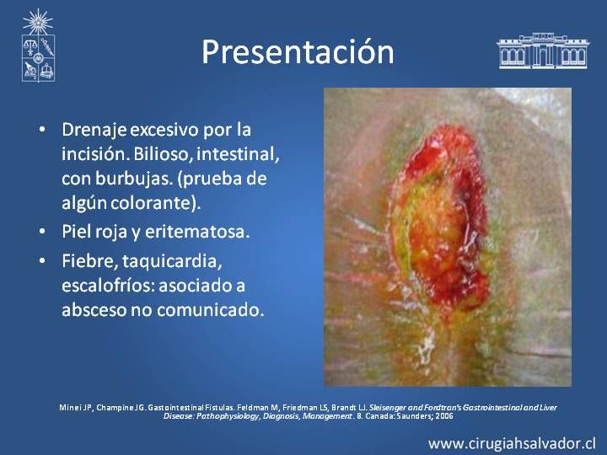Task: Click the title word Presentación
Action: coord(298,52)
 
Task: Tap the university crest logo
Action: coord(38,45)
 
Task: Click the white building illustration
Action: coord(543,51)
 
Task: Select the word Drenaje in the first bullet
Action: coord(94,130)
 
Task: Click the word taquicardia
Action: coord(172,261)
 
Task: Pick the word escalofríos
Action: coord(107,286)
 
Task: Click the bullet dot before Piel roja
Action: coord(42,232)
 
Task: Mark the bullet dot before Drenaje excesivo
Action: coord(42,129)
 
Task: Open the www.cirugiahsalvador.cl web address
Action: coord(512,443)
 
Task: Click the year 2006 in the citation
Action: coord(446,416)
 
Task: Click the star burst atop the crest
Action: coord(38,21)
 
